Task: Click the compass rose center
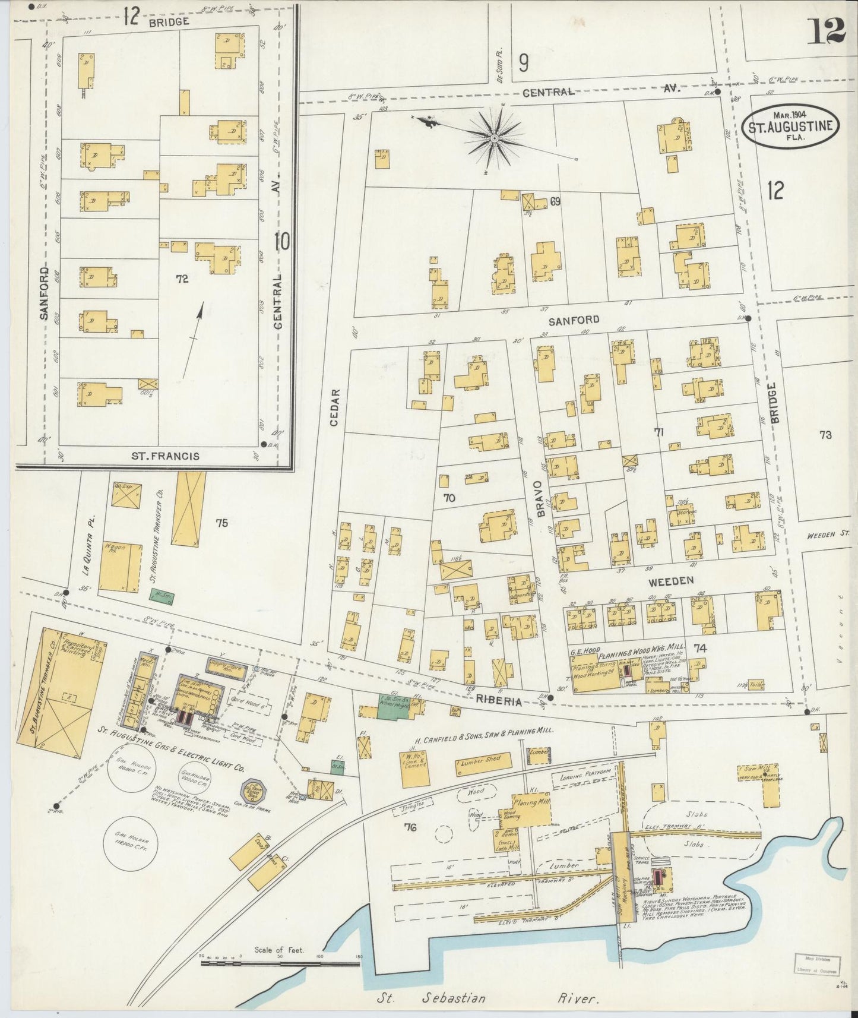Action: click(493, 138)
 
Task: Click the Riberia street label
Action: click(498, 701)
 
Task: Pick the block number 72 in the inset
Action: click(182, 278)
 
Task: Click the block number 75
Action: click(221, 523)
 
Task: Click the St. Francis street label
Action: click(165, 456)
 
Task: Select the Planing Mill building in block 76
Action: click(532, 808)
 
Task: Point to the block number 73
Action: click(825, 435)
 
